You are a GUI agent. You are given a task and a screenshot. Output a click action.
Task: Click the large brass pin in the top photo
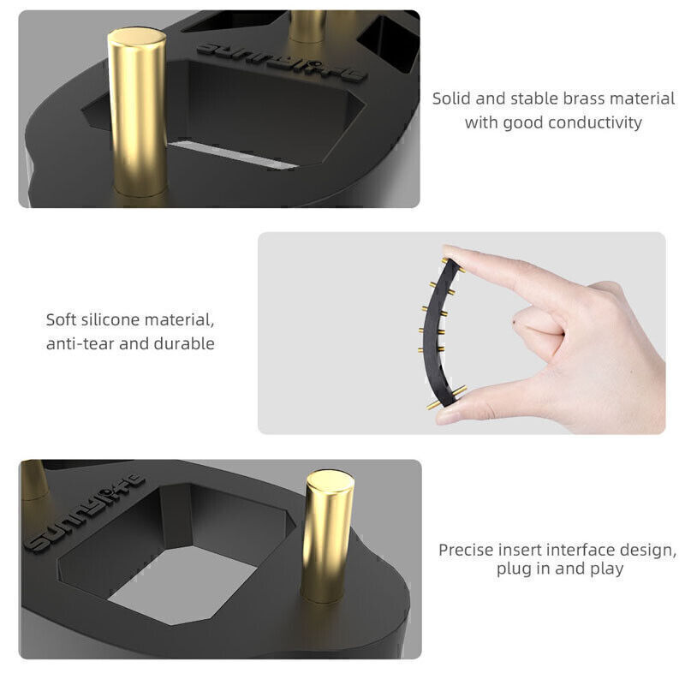point(138,113)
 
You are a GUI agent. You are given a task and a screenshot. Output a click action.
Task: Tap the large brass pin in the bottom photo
point(328,537)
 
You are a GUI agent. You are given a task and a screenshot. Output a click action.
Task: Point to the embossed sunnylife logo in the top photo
point(280,62)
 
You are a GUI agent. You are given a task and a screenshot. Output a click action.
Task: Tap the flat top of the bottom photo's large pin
point(331,479)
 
